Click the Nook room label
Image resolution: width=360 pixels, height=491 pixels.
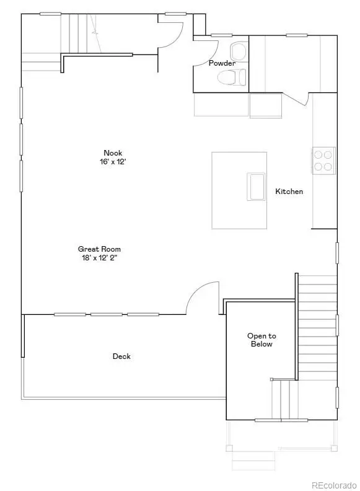[113, 153]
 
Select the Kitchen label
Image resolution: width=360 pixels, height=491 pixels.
[289, 192]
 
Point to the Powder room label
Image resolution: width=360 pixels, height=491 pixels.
[222, 63]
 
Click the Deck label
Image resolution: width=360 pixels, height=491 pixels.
[121, 356]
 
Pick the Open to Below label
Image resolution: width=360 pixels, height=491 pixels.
[261, 340]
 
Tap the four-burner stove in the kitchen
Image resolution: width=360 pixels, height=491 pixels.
[323, 159]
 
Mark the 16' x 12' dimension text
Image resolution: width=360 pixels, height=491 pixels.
[113, 161]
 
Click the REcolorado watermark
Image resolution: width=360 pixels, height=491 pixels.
[333, 484]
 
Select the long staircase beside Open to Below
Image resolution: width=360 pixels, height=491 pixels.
[316, 329]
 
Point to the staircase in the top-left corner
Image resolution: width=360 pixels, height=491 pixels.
[81, 34]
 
